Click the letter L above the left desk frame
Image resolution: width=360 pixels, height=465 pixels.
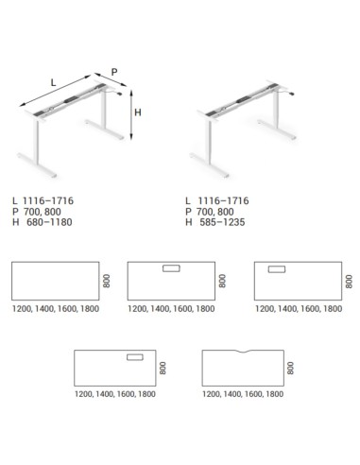point(53,82)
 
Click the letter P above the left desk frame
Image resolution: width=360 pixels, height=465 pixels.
point(114,71)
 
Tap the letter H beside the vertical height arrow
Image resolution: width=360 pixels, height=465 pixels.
point(137,112)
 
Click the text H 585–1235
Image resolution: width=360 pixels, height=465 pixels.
point(221,222)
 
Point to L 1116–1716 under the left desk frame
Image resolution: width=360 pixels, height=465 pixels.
point(43,201)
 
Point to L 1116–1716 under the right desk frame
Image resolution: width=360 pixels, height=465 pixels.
point(221,201)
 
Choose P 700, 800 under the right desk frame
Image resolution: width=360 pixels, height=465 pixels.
point(215,212)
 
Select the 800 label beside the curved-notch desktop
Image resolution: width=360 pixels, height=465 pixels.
point(291,368)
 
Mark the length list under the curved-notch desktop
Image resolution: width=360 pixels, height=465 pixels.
point(243,394)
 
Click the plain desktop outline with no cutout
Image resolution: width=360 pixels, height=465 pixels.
point(55,282)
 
